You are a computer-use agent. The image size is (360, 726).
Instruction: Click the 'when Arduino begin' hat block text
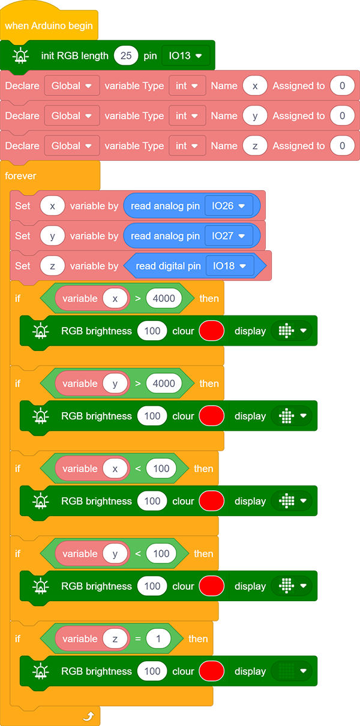(49, 26)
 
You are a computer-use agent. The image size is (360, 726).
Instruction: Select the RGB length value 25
(126, 56)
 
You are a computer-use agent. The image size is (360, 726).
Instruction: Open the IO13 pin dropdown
(185, 56)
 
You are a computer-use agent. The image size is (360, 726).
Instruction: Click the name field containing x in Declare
(255, 86)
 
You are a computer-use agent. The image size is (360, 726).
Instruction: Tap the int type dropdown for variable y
(187, 116)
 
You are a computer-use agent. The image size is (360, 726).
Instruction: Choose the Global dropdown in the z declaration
(71, 146)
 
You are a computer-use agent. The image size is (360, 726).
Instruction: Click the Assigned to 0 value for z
(342, 146)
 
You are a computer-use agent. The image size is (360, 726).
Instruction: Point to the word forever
(20, 176)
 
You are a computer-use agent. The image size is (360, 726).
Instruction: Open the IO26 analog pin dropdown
(229, 206)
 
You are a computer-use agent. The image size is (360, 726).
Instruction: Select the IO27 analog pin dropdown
(229, 236)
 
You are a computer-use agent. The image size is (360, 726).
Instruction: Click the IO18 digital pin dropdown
(229, 266)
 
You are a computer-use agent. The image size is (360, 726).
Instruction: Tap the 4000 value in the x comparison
(164, 298)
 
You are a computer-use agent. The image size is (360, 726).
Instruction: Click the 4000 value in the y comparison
(164, 383)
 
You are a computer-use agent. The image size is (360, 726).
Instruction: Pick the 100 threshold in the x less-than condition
(161, 469)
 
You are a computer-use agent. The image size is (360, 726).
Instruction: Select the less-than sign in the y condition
(138, 554)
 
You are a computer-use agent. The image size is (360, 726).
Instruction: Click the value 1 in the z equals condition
(158, 639)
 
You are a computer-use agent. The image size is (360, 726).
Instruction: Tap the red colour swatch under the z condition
(212, 671)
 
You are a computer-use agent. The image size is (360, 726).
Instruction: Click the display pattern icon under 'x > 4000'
(286, 331)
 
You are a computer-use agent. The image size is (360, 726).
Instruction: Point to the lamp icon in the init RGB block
(21, 55)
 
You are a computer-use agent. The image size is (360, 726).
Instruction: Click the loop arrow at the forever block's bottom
(88, 716)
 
